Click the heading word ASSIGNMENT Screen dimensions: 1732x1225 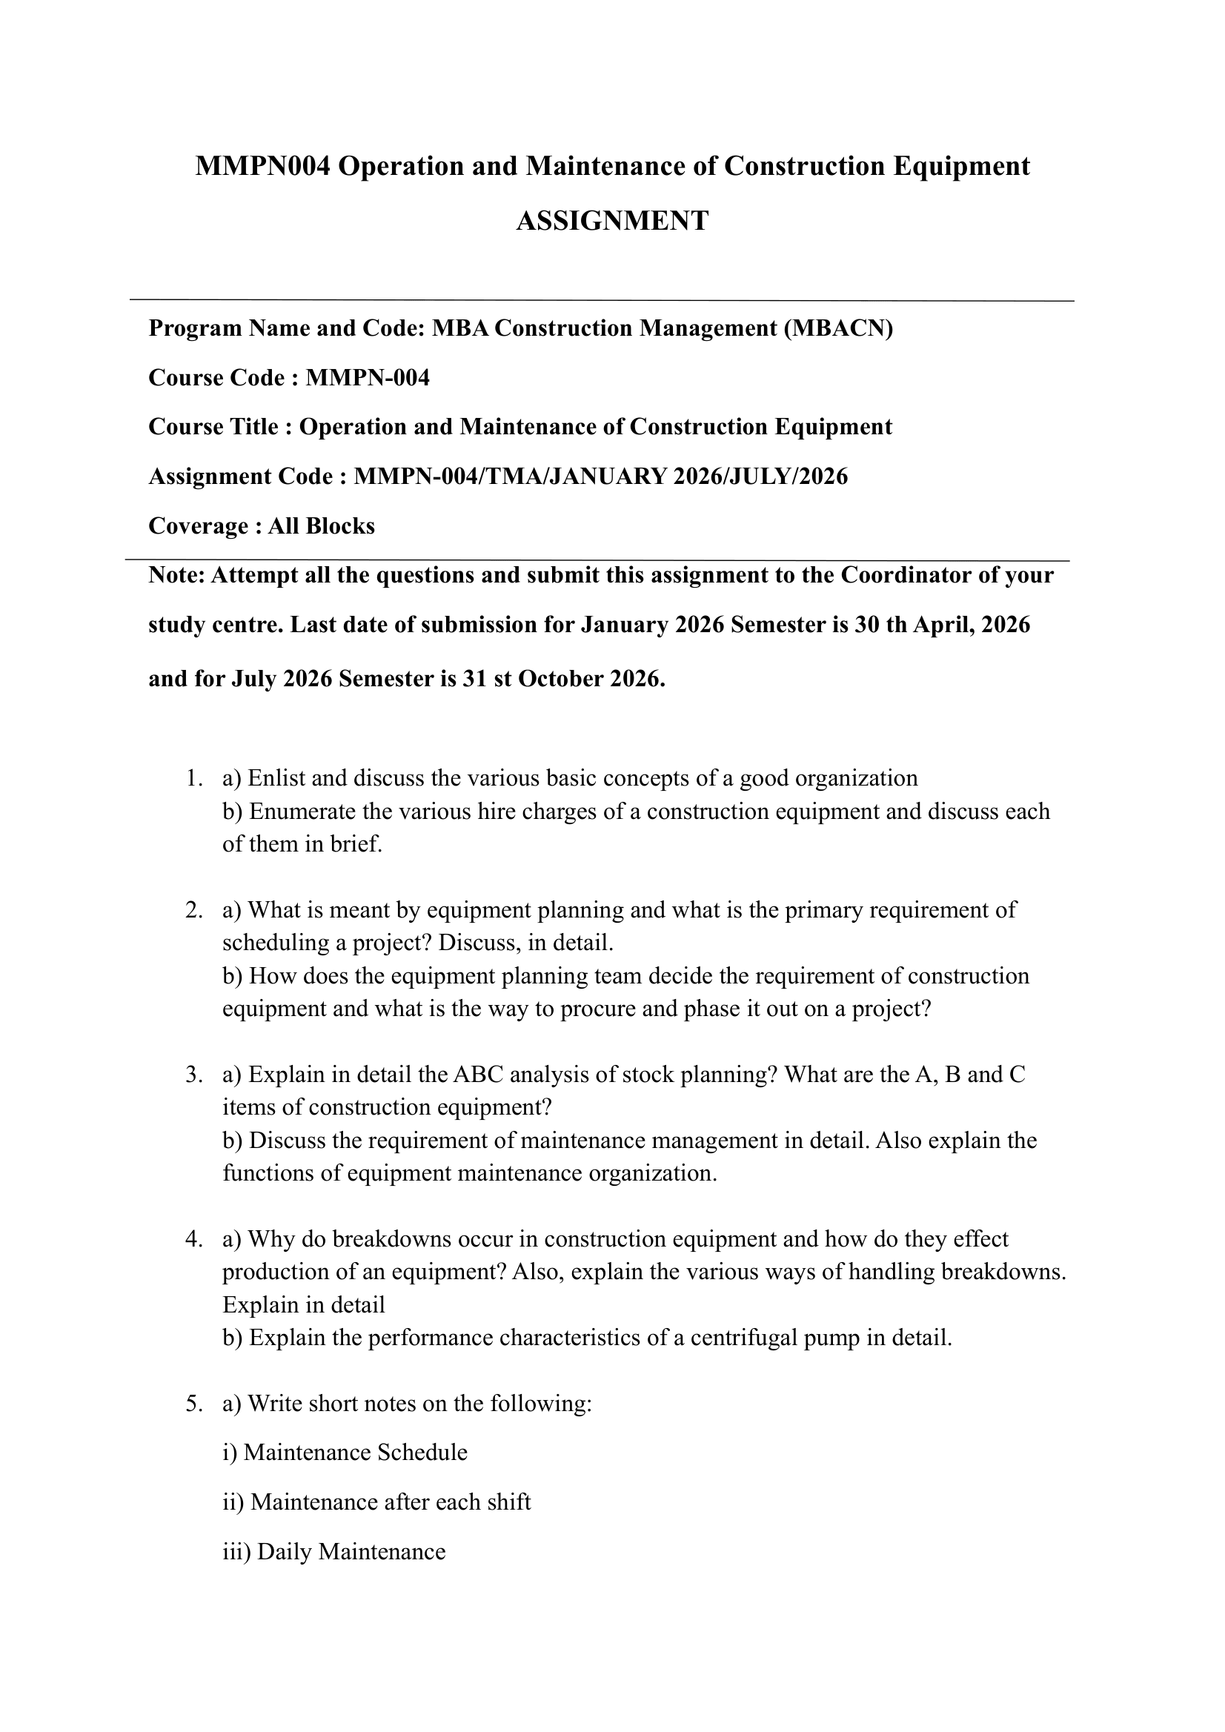[x=611, y=221]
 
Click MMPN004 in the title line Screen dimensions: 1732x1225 [x=262, y=166]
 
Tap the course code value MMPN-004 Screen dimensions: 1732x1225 [x=368, y=377]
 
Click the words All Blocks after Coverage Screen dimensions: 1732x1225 [x=322, y=525]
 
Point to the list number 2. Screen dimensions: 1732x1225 [x=193, y=910]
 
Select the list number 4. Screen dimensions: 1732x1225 [x=193, y=1238]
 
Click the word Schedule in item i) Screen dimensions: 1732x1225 [x=422, y=1452]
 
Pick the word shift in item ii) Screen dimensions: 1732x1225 [x=511, y=1502]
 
